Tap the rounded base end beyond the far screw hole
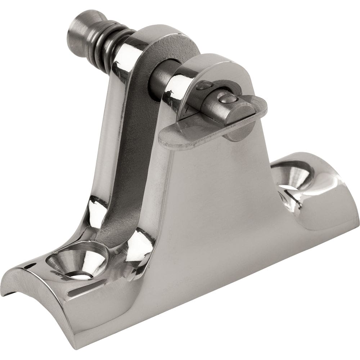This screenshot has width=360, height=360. [x=335, y=194]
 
